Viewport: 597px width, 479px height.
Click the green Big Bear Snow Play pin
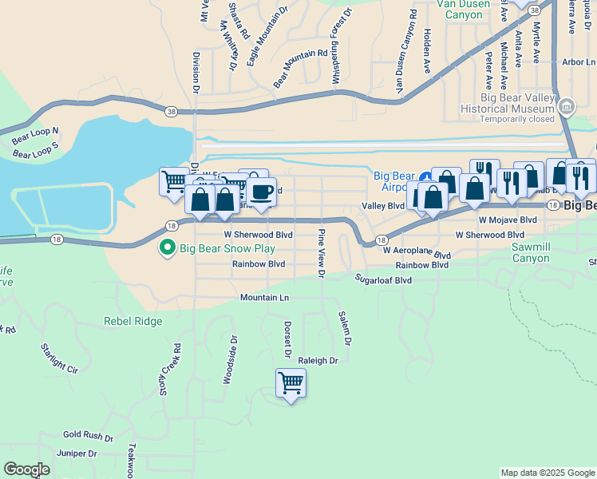(x=167, y=249)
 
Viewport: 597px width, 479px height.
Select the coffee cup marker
(x=261, y=191)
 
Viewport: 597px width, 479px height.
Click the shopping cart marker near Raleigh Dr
(x=291, y=383)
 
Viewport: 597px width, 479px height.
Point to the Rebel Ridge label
(x=132, y=321)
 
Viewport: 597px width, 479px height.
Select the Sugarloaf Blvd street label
(x=383, y=280)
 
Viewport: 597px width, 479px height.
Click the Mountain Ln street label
(x=264, y=298)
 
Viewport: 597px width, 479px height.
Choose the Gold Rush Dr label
(x=88, y=435)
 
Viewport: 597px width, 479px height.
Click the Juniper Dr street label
(x=77, y=453)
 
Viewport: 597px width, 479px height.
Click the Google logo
(x=26, y=469)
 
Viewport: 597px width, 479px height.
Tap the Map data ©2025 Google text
(x=548, y=473)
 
